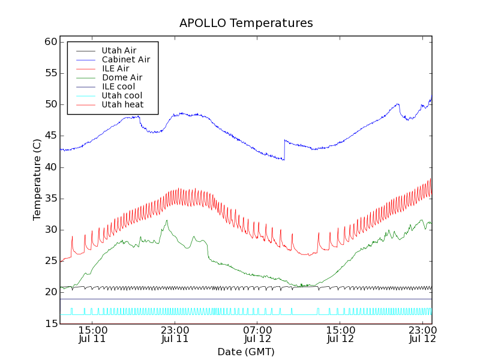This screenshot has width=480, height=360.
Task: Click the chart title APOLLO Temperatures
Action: click(x=246, y=23)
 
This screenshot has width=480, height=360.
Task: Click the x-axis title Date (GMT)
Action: click(x=246, y=352)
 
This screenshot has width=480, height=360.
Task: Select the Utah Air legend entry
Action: click(x=119, y=50)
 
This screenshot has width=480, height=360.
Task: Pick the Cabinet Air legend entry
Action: click(x=125, y=59)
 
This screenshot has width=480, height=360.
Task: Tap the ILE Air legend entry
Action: click(x=115, y=68)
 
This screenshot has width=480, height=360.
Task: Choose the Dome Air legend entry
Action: click(x=122, y=77)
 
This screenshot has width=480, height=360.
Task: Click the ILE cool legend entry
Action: click(x=118, y=86)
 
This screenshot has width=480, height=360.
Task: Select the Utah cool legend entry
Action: click(x=122, y=95)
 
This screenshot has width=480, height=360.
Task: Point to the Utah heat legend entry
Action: click(x=122, y=104)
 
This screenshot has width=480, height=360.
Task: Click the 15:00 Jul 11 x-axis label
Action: click(x=92, y=334)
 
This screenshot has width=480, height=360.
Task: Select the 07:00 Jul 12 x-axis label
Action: click(x=258, y=334)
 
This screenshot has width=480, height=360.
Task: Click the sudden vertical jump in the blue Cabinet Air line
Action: click(x=284, y=149)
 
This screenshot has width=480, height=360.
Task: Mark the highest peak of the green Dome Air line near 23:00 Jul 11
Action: click(x=167, y=220)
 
